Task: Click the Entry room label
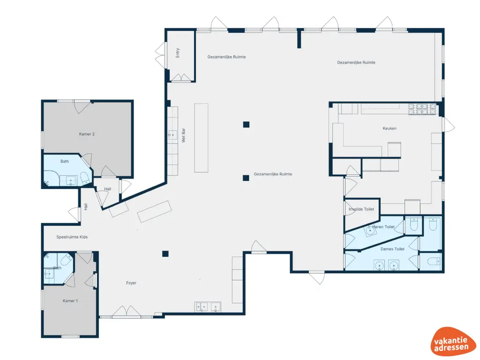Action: [178, 53]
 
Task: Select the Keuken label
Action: [390, 128]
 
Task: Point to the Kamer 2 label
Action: [87, 134]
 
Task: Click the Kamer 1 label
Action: [70, 300]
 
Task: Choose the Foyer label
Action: [131, 283]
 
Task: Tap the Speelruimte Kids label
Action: [72, 237]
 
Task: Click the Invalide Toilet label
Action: [361, 209]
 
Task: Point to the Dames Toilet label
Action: [392, 249]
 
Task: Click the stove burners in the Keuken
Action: [422, 109]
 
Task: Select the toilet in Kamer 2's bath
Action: [85, 178]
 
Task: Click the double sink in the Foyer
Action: [208, 307]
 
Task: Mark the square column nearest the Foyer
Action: [165, 254]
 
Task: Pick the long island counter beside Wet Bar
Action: [201, 137]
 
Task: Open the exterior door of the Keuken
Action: [448, 125]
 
